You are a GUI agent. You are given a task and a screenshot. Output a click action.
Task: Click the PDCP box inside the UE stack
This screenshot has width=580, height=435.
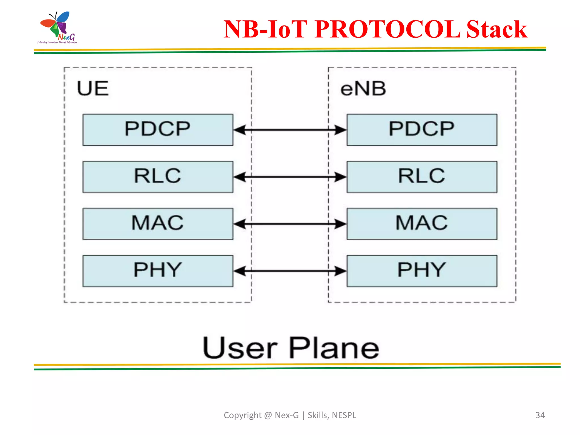(158, 130)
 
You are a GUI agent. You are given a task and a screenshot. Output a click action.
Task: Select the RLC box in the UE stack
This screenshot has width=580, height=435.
(158, 177)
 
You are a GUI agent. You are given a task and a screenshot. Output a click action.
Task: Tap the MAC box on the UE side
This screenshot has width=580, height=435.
(158, 224)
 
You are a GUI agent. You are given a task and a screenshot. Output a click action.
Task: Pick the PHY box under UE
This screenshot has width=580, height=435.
(158, 271)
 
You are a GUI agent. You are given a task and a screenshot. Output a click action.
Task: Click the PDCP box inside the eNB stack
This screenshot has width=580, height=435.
(422, 130)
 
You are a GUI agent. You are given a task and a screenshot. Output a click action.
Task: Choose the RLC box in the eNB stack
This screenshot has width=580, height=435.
(422, 177)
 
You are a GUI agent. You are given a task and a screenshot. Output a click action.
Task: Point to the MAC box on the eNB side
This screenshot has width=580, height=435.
(422, 224)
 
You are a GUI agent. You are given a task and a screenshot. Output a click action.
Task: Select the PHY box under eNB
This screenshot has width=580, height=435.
(422, 271)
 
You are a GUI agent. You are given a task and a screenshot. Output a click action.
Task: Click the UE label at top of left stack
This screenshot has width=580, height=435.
(93, 88)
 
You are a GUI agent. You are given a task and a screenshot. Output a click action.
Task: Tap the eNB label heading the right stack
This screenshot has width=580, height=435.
(363, 89)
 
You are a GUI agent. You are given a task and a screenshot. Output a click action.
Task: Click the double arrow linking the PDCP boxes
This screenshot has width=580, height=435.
(290, 130)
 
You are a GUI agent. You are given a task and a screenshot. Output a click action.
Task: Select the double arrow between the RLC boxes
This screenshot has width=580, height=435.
(290, 177)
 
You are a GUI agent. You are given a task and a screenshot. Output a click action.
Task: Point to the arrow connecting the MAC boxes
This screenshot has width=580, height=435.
(290, 224)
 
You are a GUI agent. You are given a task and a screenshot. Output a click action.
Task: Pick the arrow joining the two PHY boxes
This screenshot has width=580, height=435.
(290, 271)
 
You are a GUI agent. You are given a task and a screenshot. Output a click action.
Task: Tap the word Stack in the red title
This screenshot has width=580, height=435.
(496, 29)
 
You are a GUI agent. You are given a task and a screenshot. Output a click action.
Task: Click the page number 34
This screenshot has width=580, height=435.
(540, 415)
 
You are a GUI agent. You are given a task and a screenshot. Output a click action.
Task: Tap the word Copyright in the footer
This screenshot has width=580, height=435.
(242, 415)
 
